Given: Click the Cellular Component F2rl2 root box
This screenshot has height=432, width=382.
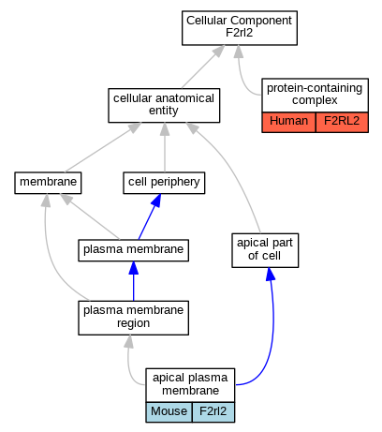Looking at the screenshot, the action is click(x=240, y=28).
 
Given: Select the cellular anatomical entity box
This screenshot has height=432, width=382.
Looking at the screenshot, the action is click(x=164, y=106).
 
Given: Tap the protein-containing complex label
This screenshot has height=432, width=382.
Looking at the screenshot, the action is click(x=315, y=95).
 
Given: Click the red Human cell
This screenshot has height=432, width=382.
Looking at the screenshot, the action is click(x=288, y=122).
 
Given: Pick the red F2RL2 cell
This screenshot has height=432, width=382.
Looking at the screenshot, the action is click(x=342, y=122).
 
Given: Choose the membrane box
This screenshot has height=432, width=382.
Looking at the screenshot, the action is click(x=48, y=183).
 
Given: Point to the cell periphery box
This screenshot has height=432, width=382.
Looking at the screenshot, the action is click(x=164, y=183).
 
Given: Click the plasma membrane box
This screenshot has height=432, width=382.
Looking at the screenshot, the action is click(x=133, y=250).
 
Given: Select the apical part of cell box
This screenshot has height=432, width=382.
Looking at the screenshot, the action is click(x=265, y=250).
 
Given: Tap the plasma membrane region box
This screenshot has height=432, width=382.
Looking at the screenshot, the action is click(x=133, y=318).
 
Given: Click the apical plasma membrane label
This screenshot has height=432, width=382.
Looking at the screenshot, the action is click(x=190, y=385).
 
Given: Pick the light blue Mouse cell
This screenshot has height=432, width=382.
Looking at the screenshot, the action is click(x=169, y=412).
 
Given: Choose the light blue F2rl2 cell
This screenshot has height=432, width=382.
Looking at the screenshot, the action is click(x=213, y=412).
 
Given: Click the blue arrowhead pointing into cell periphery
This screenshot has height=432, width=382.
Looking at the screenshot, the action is click(x=156, y=201).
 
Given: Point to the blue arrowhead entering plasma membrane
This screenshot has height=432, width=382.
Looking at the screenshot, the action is click(x=134, y=268).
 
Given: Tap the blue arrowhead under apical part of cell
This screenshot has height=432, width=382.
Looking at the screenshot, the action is click(x=271, y=275).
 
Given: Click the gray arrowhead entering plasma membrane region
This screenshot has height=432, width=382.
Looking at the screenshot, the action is click(x=129, y=342).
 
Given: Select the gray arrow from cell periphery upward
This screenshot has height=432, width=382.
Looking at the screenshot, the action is click(x=165, y=147).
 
